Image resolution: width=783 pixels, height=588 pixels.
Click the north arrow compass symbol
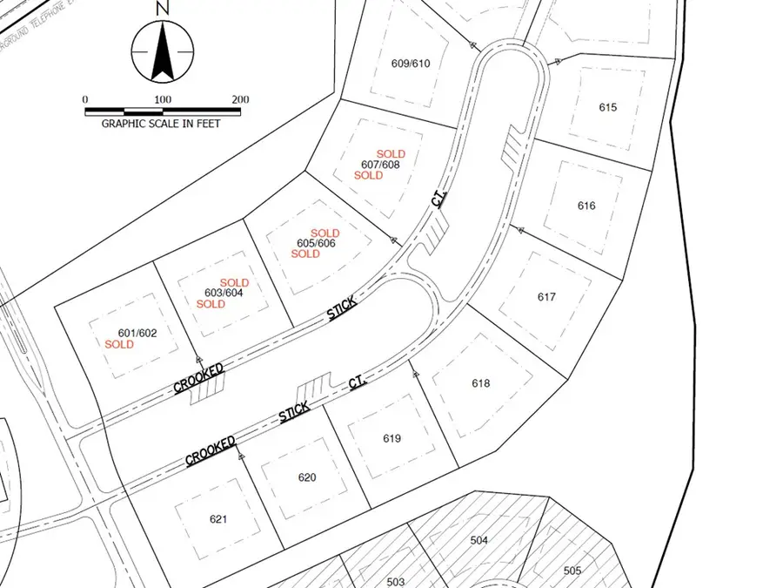point(162,52)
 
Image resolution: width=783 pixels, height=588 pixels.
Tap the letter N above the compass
point(162,8)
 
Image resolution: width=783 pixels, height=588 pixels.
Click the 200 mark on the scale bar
point(241,99)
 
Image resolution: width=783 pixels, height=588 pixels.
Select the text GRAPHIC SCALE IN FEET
point(161,124)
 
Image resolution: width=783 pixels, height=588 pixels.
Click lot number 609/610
point(412,64)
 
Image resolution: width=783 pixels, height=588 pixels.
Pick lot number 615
point(608,107)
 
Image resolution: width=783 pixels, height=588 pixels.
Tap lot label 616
point(586,206)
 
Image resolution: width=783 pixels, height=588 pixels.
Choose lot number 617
point(546,297)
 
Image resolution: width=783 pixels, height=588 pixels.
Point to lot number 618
point(481,383)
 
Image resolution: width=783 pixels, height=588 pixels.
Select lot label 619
point(391,438)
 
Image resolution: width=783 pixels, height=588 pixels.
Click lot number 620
point(307,477)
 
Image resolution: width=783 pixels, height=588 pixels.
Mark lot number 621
point(218,519)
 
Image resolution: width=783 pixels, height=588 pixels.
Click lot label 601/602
point(137,332)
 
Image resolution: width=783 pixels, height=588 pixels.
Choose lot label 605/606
point(316,244)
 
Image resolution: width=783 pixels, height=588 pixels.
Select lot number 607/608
point(380,165)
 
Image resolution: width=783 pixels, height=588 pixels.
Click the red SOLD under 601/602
point(119,344)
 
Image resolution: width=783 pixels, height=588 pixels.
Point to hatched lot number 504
point(479,540)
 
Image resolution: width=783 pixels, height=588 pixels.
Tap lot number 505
point(572,571)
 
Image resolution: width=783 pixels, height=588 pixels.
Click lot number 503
point(396,581)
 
